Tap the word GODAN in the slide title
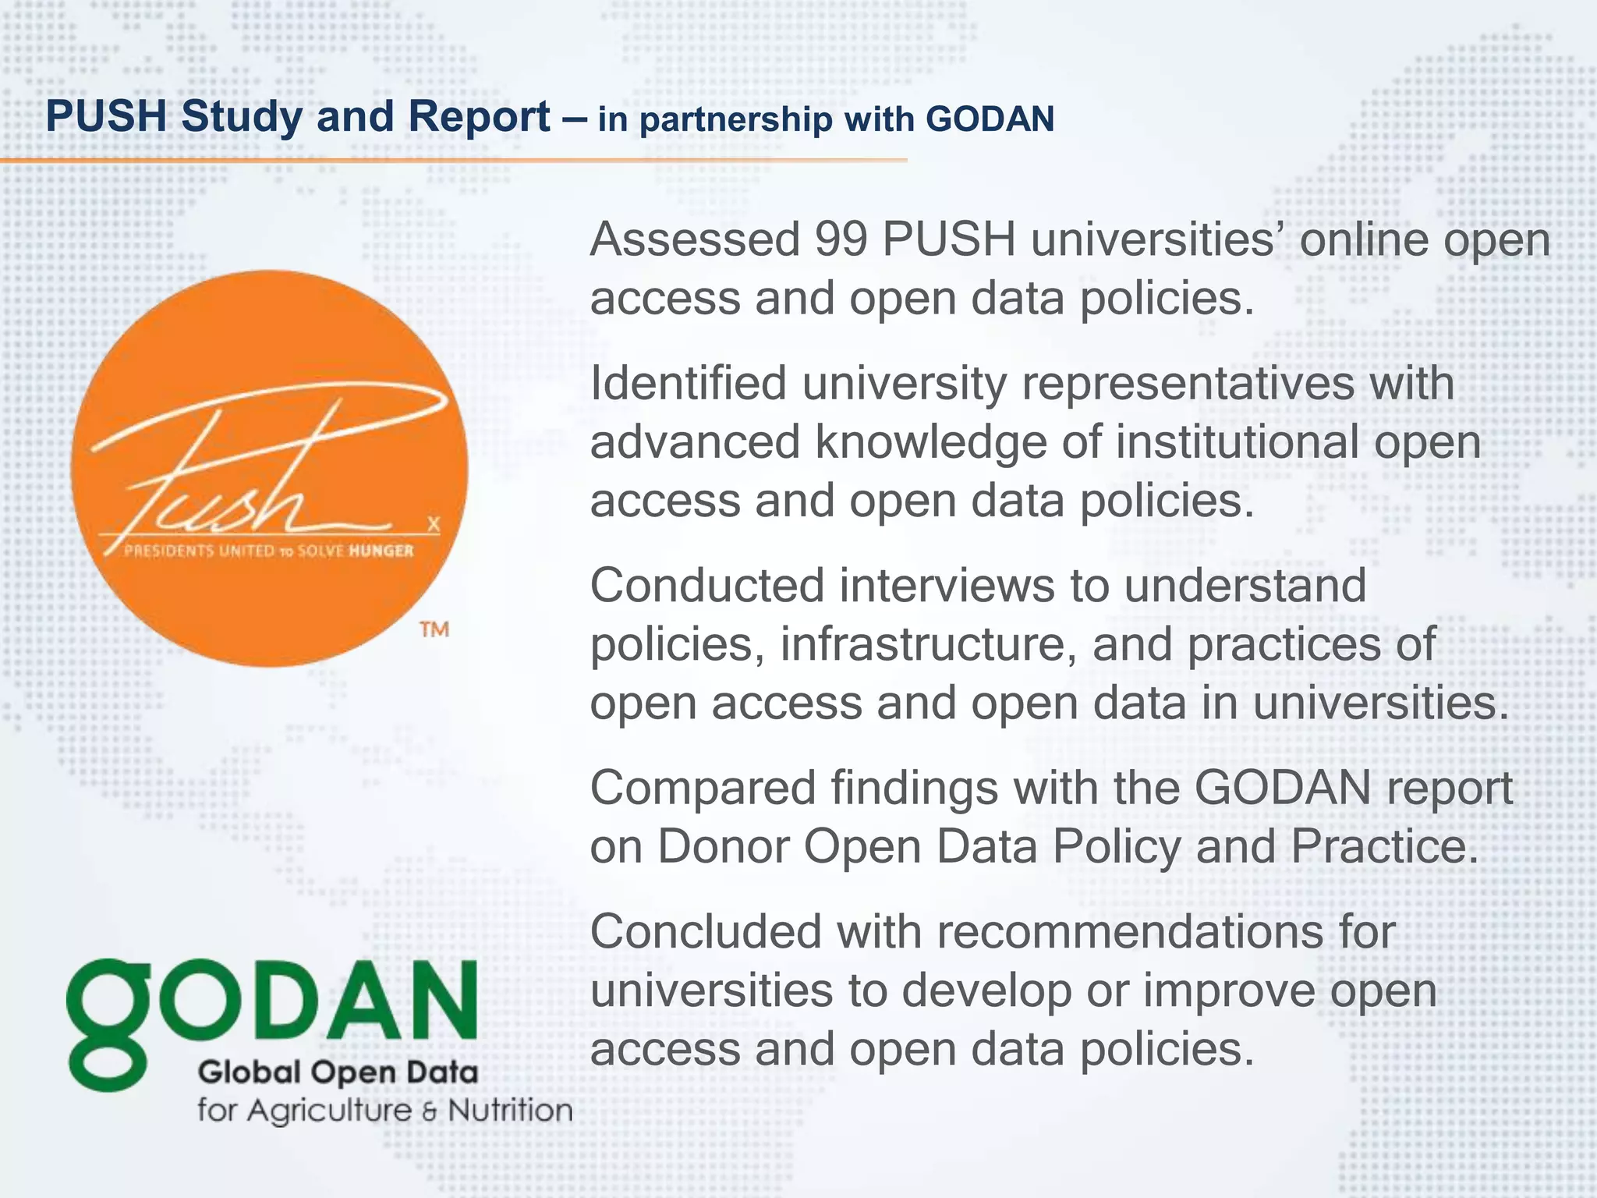[990, 119]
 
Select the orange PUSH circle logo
[270, 469]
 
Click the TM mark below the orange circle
[434, 629]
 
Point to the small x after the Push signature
[434, 524]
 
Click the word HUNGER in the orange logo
[381, 551]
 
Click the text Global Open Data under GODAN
[337, 1072]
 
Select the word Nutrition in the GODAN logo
[510, 1110]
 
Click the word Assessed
[695, 239]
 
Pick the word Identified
[689, 384]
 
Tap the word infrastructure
[928, 645]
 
